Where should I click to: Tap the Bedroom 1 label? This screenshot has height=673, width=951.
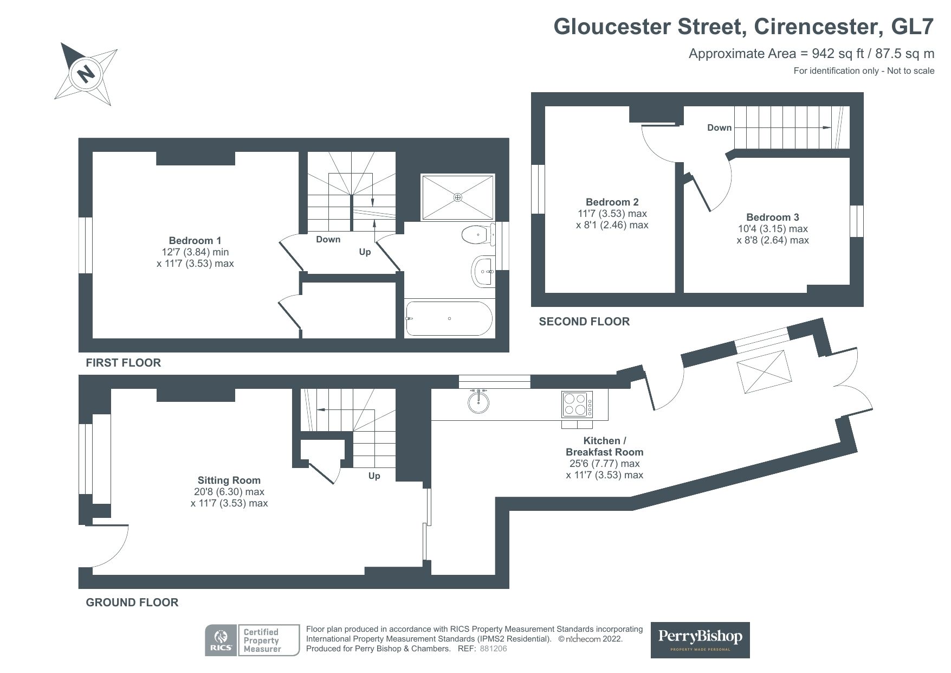[x=195, y=240]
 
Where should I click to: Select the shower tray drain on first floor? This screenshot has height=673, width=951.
[x=458, y=197]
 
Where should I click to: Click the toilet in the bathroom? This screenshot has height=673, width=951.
[x=477, y=235]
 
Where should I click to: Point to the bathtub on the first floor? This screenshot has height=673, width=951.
[x=449, y=319]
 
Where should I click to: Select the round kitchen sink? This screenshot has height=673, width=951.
[x=480, y=402]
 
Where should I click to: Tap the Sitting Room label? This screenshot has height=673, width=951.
[x=229, y=480]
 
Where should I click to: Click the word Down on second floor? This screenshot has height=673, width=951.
[x=719, y=127]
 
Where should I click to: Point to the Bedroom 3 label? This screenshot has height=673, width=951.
[x=772, y=217]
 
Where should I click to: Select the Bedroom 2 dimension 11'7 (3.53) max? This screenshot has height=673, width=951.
[x=612, y=214]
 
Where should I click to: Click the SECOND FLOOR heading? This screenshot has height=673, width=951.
[x=584, y=322]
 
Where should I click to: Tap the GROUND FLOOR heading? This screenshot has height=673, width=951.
[x=132, y=603]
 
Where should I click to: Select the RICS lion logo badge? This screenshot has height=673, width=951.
[x=221, y=640]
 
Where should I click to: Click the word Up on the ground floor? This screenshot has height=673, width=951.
[x=374, y=476]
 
